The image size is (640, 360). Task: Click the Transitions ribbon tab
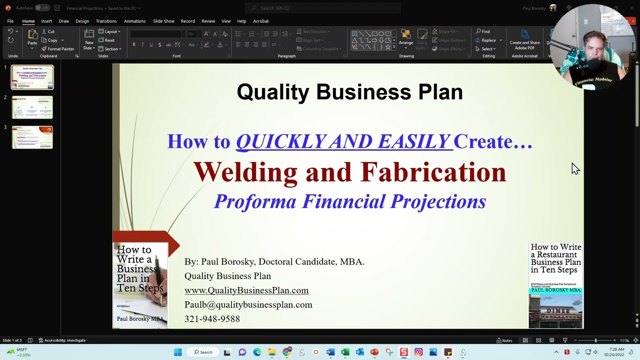[106, 21]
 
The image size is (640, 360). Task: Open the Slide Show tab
[163, 21]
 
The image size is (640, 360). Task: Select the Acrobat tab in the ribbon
[261, 21]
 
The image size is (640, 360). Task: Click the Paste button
[32, 38]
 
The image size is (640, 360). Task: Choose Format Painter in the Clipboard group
[57, 49]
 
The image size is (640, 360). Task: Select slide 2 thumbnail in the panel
[32, 107]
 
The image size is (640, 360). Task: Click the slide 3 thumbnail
[32, 137]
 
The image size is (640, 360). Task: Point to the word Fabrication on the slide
[433, 172]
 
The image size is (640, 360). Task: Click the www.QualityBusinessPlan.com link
[246, 290]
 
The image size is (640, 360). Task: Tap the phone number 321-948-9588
[212, 319]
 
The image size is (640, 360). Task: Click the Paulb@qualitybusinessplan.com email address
[248, 304]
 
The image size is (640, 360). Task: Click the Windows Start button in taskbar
[177, 352]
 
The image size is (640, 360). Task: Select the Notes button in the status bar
[504, 340]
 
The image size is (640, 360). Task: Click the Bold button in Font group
[134, 44]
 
